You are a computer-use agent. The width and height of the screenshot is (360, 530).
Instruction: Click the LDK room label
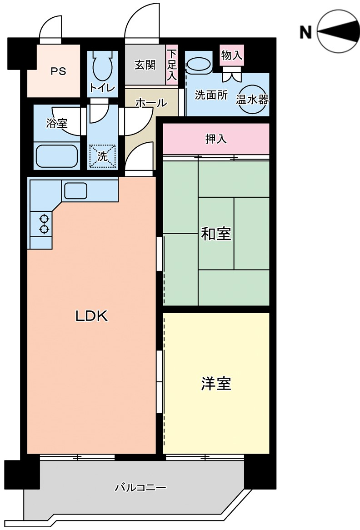tap(91, 316)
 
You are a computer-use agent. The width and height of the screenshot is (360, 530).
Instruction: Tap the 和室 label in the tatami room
tap(216, 234)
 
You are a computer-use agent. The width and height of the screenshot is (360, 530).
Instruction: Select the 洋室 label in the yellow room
tap(216, 384)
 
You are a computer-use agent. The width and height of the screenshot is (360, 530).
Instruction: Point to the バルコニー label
tap(140, 487)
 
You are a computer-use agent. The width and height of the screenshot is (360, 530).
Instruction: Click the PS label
tap(59, 72)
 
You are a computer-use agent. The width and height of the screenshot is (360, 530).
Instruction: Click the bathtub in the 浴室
tap(56, 156)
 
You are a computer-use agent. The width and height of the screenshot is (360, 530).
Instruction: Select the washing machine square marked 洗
tap(102, 156)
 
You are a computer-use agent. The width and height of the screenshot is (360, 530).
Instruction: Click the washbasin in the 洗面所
tap(199, 65)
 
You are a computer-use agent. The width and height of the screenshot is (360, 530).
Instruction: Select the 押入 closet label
tap(216, 139)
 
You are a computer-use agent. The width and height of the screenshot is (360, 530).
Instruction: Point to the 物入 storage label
tap(232, 55)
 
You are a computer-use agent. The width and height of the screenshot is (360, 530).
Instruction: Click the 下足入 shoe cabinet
tap(172, 65)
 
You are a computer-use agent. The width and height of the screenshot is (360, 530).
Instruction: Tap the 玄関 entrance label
tap(145, 65)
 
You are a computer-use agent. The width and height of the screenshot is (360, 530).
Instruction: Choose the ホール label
tap(151, 102)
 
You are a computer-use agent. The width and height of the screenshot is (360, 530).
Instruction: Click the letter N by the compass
tap(305, 33)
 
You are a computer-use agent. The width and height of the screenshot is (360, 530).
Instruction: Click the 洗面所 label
tap(211, 95)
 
